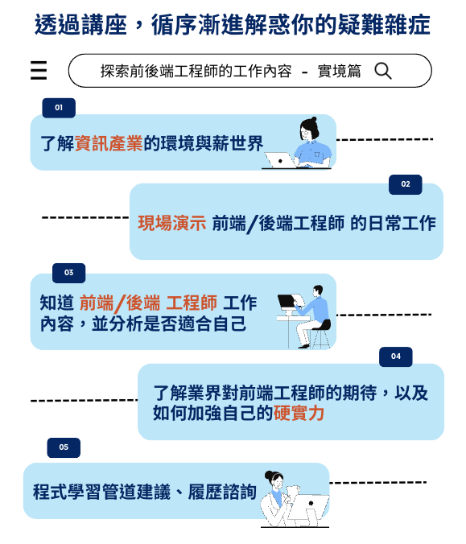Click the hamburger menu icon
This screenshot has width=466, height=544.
[39, 70]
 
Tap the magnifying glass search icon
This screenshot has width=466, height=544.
[383, 71]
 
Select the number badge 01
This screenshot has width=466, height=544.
[59, 108]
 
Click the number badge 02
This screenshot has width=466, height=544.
[406, 184]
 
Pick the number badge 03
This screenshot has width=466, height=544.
[68, 273]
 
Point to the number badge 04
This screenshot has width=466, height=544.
[395, 356]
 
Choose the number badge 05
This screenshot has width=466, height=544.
[64, 447]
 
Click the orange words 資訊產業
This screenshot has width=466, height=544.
[109, 143]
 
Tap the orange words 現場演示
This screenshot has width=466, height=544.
[172, 223]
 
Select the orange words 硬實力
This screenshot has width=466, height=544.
[299, 413]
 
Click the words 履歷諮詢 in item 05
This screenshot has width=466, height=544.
[222, 492]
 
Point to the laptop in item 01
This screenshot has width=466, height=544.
[280, 160]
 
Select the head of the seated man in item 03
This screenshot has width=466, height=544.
[317, 290]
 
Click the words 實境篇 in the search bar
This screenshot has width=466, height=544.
[340, 71]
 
